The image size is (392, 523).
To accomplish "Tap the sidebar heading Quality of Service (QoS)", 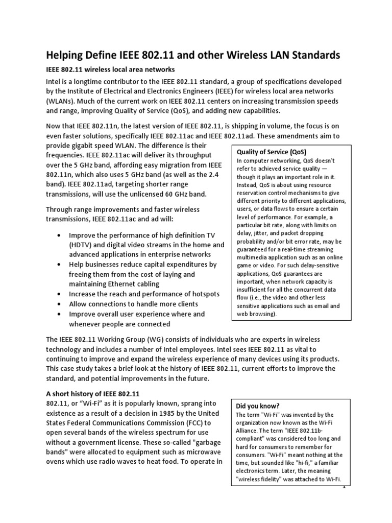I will [x=268, y=152].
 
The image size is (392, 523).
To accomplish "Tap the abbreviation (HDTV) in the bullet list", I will [x=83, y=245].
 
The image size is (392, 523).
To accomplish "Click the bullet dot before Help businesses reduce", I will [x=60, y=265].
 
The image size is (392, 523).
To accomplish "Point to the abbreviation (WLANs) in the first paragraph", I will [x=61, y=101].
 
